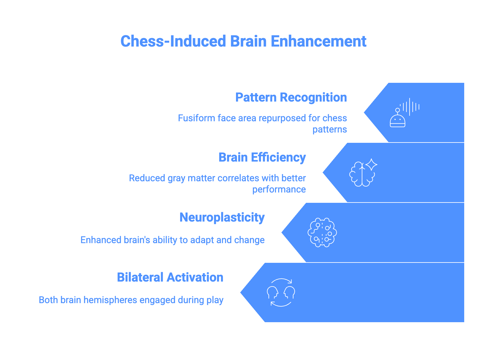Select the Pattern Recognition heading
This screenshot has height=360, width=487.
(291, 97)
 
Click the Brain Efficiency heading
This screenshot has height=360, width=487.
(262, 157)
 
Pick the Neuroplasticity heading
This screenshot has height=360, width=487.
(222, 217)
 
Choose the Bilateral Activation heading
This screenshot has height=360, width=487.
(170, 277)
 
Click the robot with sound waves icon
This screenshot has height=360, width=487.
(404, 113)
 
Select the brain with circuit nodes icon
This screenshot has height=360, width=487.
(322, 232)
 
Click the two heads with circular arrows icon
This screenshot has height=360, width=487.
(281, 292)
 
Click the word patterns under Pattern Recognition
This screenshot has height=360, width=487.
(330, 129)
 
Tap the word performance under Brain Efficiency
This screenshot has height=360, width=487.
(279, 189)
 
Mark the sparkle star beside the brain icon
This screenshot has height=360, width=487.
(371, 164)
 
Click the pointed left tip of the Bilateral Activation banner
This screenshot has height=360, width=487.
(241, 292)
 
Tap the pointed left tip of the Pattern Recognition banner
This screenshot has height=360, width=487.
(365, 112)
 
